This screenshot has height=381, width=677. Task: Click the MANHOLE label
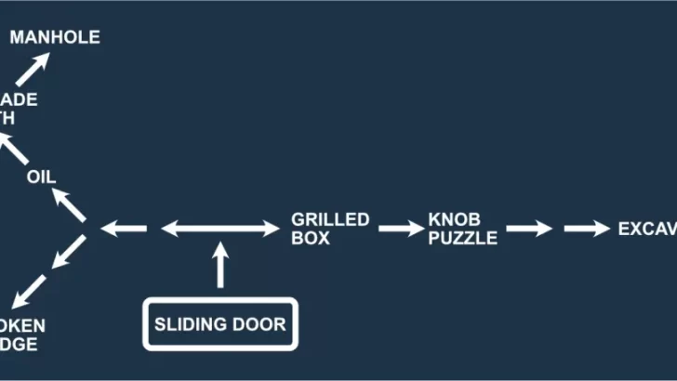point(54,38)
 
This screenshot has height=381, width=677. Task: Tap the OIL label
point(42,177)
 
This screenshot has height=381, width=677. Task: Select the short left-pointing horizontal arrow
point(123,228)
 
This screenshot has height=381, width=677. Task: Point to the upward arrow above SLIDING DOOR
point(220,265)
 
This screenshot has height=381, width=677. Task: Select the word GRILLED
point(330,220)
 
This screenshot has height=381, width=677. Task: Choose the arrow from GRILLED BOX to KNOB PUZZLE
point(401,229)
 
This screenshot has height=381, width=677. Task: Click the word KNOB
point(454,220)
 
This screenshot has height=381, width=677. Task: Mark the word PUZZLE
point(463,238)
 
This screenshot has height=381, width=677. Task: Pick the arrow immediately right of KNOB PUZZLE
point(529,229)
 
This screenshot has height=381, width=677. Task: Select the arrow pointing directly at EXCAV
point(586,229)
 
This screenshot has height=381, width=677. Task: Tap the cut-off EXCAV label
point(647,229)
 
